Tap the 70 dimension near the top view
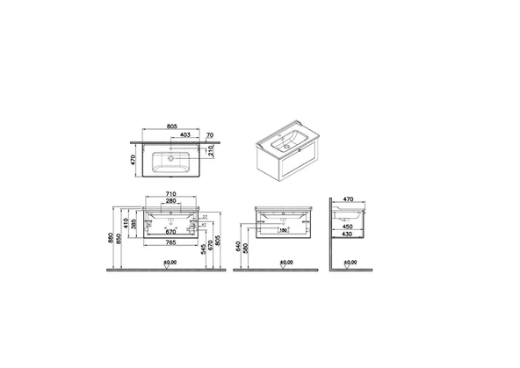coord(211,135)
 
